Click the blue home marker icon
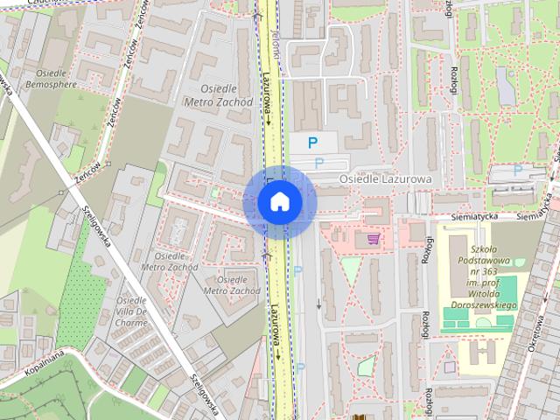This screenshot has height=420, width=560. [x=279, y=202]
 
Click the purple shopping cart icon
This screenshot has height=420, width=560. [x=374, y=238]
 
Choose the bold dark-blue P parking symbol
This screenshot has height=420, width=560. [x=312, y=143]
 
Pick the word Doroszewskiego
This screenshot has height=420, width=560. [x=482, y=306]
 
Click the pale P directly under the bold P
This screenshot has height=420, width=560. [x=318, y=163]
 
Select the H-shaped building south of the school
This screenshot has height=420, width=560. [x=479, y=353]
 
